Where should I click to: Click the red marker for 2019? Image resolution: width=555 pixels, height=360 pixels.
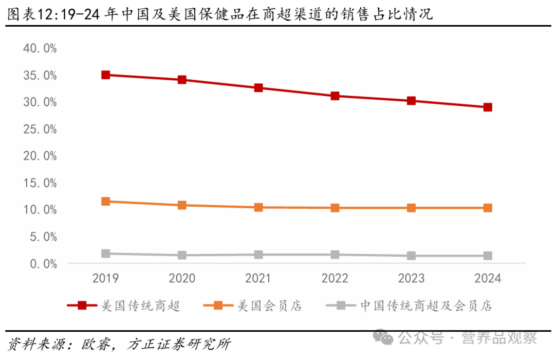tap(106, 75)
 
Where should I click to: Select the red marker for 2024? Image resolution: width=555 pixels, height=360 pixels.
tap(488, 107)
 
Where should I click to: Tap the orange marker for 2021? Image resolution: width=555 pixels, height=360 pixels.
tap(258, 207)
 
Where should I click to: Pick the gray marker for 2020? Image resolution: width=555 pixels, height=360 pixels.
tap(182, 255)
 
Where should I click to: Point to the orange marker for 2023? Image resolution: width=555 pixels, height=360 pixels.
tap(411, 208)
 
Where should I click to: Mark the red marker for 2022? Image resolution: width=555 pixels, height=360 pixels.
tap(335, 96)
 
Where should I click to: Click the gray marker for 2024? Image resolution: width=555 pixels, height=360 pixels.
tap(488, 256)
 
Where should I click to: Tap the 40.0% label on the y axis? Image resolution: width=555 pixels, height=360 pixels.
tap(40, 48)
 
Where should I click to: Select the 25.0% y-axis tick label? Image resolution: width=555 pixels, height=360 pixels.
tap(40, 129)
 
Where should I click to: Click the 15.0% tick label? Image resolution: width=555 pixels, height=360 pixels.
tap(40, 183)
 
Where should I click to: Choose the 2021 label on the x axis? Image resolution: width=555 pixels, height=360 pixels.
tap(258, 278)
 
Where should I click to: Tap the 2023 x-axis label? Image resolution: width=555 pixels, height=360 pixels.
tap(411, 278)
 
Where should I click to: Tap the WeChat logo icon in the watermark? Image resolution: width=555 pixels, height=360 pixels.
tap(384, 337)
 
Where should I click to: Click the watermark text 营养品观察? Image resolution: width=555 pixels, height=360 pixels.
tap(499, 338)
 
